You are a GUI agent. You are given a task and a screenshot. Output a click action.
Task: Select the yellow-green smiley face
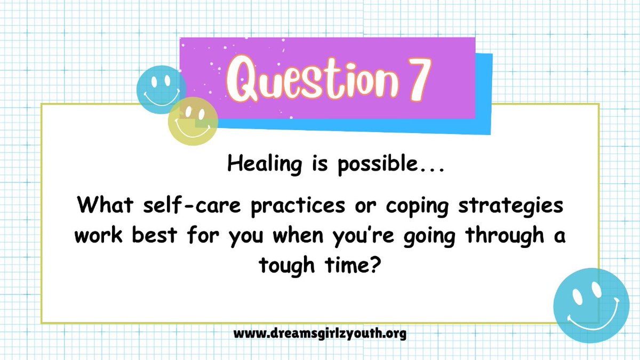(x=193, y=120)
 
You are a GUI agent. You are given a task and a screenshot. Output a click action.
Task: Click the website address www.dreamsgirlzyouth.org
(x=320, y=334)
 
